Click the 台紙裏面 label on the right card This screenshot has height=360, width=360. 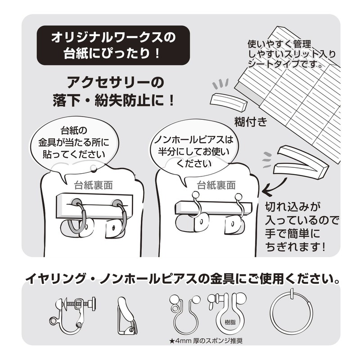click(216, 184)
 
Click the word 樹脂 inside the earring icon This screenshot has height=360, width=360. click(229, 322)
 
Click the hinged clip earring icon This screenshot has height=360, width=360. click(126, 315)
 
